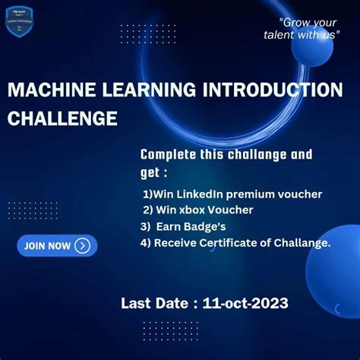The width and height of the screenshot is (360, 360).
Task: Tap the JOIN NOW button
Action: [x=57, y=245]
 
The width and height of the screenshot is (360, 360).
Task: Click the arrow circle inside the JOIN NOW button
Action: [x=83, y=245]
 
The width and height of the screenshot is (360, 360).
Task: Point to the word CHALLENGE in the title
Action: [x=62, y=118]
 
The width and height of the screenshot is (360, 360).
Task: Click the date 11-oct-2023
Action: [x=245, y=304]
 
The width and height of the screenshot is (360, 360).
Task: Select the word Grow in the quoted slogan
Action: [x=297, y=21]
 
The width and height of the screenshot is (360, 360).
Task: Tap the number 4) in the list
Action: [x=146, y=243]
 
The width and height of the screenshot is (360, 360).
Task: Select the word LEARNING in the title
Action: [x=143, y=90]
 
